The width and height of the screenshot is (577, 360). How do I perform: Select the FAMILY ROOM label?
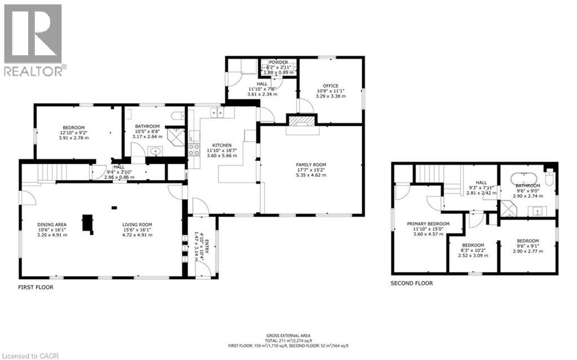coord(311,165)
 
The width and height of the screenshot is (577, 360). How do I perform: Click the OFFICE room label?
coord(330,86)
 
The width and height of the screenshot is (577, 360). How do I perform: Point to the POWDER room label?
coord(278,62)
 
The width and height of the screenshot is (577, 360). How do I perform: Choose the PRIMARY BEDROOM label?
coord(428,224)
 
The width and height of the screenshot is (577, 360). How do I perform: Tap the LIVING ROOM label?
coord(138,225)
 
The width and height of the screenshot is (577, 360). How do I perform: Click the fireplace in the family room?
coord(302,121)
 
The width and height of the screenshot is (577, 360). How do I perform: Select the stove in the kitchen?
coord(194,150)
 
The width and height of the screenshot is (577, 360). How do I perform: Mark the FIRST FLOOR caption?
coord(36,287)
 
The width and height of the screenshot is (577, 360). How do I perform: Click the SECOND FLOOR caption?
coord(412,283)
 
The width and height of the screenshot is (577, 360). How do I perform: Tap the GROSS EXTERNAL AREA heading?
coord(288,335)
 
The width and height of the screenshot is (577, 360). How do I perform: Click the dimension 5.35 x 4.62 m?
coord(311,175)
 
